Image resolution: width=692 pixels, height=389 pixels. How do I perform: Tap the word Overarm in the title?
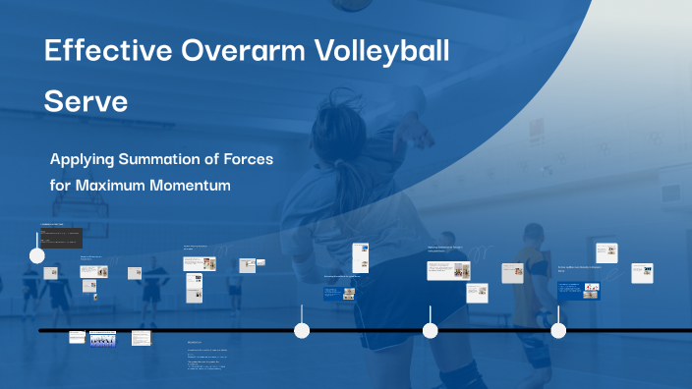(227, 52)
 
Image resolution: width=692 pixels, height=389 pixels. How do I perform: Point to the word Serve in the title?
(86, 101)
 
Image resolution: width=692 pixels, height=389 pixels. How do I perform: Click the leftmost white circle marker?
(37, 256)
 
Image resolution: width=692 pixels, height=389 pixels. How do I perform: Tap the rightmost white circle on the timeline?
(558, 331)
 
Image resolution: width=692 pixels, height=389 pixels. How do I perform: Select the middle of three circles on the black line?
(430, 331)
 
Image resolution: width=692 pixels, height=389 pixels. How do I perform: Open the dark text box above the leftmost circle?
(60, 238)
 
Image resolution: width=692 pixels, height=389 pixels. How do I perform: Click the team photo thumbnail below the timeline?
(102, 338)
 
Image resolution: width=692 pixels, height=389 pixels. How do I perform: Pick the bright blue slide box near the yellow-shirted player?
(578, 291)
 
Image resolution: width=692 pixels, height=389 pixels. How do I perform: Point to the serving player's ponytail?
(349, 177)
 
